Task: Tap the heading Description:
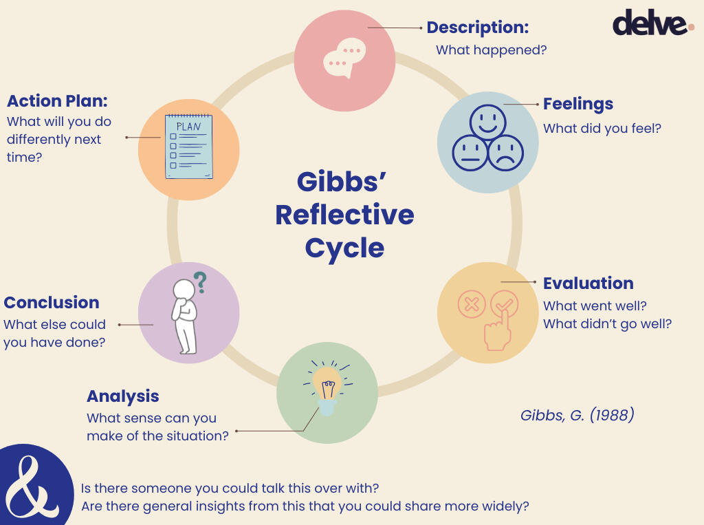point(478,28)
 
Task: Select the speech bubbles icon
point(344,58)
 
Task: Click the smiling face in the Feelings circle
point(487,122)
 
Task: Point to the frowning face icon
point(505,153)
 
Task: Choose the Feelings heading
point(577,104)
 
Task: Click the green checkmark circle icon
point(504,303)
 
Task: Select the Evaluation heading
point(588,283)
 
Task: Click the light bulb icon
point(327,386)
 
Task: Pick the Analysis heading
point(122,396)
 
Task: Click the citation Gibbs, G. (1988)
point(577,416)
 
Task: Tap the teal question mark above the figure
point(200,281)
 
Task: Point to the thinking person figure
point(184,317)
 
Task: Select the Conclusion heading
point(52,303)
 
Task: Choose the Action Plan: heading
point(58,101)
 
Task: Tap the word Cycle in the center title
point(344,248)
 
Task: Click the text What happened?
point(491,50)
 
